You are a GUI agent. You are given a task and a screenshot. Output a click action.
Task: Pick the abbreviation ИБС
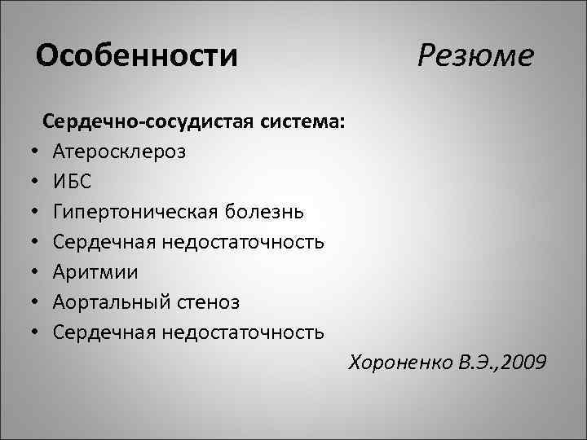(73, 182)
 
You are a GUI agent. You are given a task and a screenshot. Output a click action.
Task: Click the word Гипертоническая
(135, 212)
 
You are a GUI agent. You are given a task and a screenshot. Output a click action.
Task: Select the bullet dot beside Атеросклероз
(38, 152)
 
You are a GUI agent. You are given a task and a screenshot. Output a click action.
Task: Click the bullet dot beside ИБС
(38, 183)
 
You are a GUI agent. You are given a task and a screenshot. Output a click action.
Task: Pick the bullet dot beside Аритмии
(38, 273)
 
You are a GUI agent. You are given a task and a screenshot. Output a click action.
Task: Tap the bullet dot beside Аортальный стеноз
(38, 303)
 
